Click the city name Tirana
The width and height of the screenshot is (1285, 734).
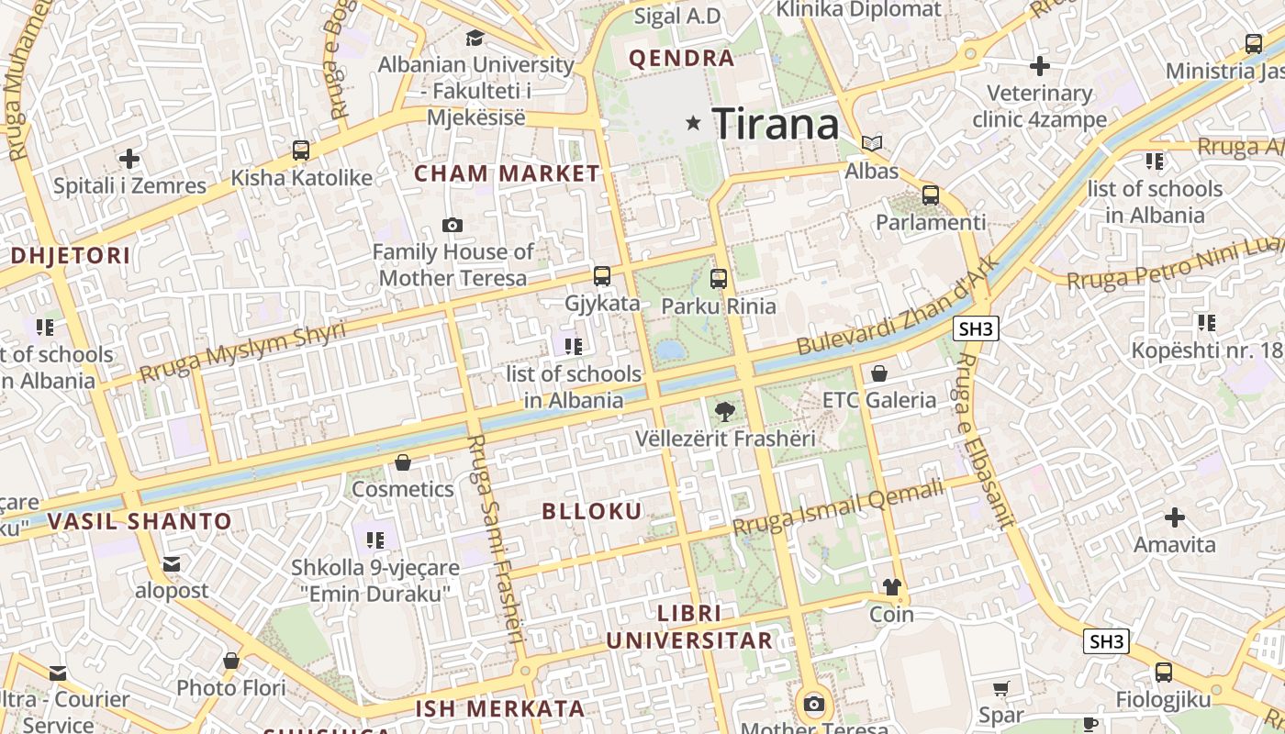point(776,123)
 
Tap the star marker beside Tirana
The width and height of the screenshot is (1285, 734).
point(694,122)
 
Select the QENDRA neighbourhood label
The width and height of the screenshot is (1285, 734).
point(681,59)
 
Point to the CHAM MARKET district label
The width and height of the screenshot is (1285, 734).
point(507,172)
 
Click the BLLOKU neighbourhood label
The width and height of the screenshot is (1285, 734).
point(592,511)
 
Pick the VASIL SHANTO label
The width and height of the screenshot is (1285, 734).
point(140,521)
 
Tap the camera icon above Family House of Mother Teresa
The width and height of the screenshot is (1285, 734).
point(452,225)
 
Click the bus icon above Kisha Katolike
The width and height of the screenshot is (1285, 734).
point(301,150)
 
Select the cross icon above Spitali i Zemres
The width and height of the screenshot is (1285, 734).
point(129,159)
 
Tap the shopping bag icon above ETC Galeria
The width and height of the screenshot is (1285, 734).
point(879,373)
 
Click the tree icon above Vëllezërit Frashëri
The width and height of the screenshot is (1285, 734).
point(724,412)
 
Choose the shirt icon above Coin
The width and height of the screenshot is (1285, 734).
point(891,587)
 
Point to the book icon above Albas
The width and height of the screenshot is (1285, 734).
point(872,144)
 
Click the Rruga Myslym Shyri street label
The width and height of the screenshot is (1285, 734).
point(242,350)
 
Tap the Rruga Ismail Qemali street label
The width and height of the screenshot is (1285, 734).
point(838,508)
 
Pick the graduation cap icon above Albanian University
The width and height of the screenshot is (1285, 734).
point(475,39)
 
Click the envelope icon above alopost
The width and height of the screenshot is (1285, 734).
point(172,564)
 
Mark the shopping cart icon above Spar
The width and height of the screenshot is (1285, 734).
point(1001,688)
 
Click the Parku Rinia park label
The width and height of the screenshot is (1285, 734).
point(719,306)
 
